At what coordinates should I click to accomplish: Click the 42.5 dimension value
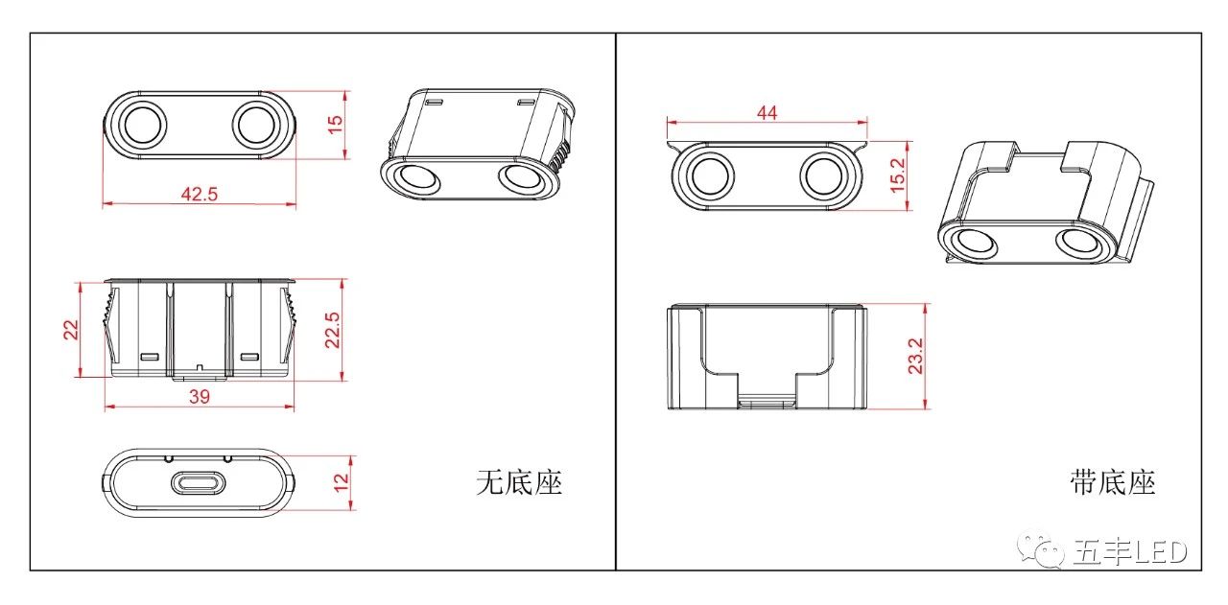tap(199, 194)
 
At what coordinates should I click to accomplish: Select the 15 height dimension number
tap(335, 125)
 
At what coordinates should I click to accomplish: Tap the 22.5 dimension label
tap(332, 330)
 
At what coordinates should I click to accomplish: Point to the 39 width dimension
tap(199, 397)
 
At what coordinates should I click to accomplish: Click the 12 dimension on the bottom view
tap(341, 482)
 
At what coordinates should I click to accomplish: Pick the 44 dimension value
tap(767, 113)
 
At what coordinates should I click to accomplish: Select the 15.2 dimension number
tap(897, 175)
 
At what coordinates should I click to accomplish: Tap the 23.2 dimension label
tap(915, 357)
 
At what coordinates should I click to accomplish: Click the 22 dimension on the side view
tap(71, 330)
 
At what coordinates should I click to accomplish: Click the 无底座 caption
tap(519, 483)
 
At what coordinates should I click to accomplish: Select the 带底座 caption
tap(1112, 483)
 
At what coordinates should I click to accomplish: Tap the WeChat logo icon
tap(1040, 549)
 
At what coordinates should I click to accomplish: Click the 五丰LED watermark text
tap(1129, 552)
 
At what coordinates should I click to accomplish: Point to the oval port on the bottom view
tap(199, 483)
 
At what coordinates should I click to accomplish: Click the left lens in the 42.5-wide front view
tap(144, 125)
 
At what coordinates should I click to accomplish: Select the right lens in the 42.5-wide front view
tap(255, 125)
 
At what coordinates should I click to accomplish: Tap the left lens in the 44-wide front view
tap(710, 176)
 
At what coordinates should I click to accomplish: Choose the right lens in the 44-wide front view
tap(823, 176)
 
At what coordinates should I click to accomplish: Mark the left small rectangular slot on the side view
tap(150, 357)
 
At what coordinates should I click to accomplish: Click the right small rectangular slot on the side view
tap(249, 357)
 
